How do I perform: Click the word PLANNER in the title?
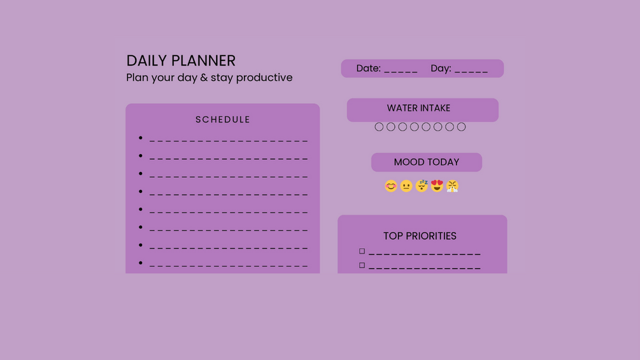coord(203,61)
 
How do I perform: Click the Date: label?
coord(369,68)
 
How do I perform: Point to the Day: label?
coord(441,68)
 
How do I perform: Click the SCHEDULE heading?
coord(222,120)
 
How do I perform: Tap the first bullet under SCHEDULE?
coord(140,138)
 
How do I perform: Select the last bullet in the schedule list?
coord(140,263)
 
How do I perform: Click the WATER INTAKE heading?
coord(419,108)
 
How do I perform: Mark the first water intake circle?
coord(379,123)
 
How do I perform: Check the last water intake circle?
coord(461,123)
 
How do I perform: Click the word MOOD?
coord(409,162)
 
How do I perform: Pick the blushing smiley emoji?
coord(391,186)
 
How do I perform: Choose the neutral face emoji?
coord(406,186)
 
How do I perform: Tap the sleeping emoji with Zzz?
coord(422,185)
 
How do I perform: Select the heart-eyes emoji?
coord(437,185)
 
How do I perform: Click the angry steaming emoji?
coord(452,186)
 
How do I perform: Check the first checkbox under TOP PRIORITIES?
coord(362,251)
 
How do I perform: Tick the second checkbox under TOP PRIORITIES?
coord(362,265)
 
